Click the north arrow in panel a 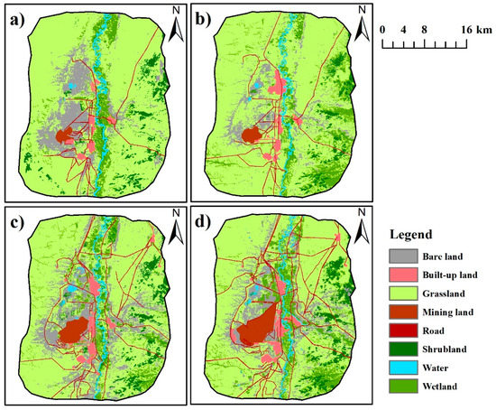(177, 30)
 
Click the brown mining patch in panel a (65, 138)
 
